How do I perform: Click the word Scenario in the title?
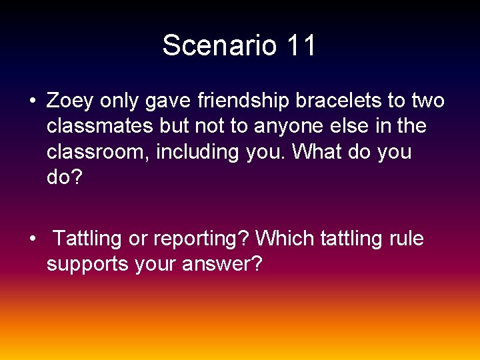[221, 46]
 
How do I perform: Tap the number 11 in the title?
[301, 46]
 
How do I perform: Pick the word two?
[427, 101]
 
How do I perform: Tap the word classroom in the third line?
[98, 152]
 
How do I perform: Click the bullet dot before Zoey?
[32, 102]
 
